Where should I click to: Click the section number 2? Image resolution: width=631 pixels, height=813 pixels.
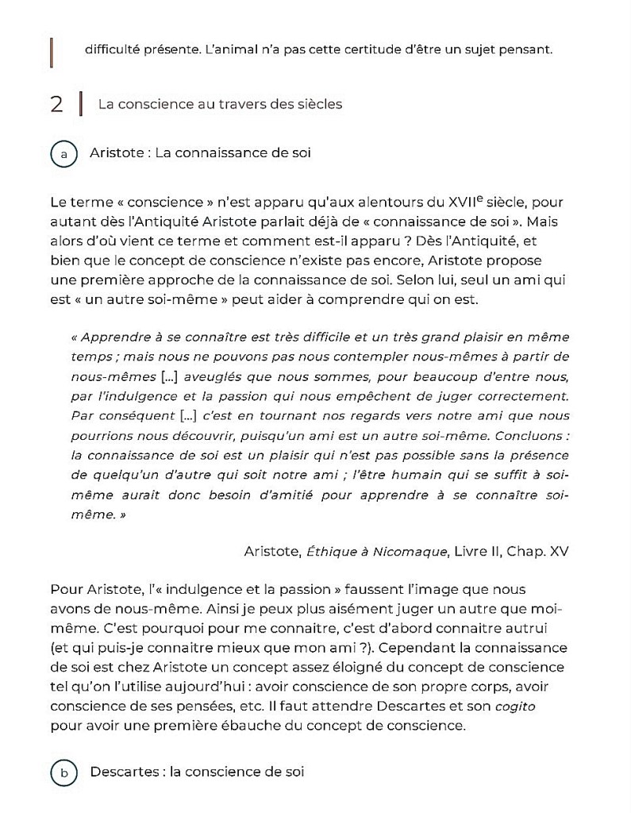56,104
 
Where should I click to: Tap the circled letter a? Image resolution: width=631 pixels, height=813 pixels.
63,153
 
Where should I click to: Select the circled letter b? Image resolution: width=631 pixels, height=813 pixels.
63,772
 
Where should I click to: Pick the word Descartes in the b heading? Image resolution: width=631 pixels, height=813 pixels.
124,772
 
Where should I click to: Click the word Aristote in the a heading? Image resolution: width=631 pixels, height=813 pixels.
117,152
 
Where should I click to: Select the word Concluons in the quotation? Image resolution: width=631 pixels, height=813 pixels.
534,435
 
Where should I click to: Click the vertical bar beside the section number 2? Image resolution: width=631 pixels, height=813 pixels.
81,104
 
